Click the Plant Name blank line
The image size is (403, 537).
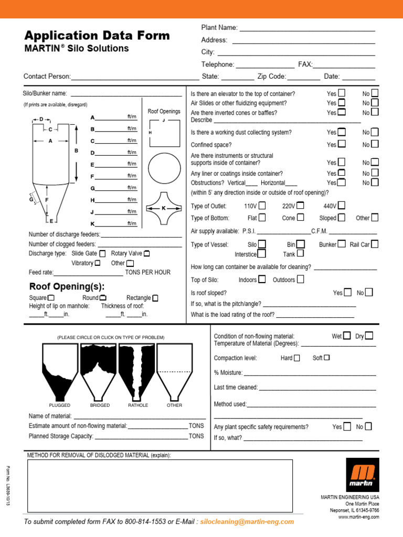307,28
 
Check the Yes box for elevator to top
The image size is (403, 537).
342,93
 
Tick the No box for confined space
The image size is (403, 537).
375,144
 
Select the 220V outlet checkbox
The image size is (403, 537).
300,206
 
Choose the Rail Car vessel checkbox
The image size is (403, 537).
374,244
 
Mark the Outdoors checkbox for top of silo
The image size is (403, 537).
300,280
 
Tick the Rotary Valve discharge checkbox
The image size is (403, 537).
147,254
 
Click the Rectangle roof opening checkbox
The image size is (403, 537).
155,298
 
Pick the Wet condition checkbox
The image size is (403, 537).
347,336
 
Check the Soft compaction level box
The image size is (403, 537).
327,358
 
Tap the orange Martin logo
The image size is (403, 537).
363,474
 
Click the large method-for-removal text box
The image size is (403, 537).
160,485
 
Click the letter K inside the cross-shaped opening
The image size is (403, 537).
163,208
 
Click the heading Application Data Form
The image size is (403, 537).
97,36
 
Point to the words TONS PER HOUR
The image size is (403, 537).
147,273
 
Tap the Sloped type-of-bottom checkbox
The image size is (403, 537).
342,218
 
